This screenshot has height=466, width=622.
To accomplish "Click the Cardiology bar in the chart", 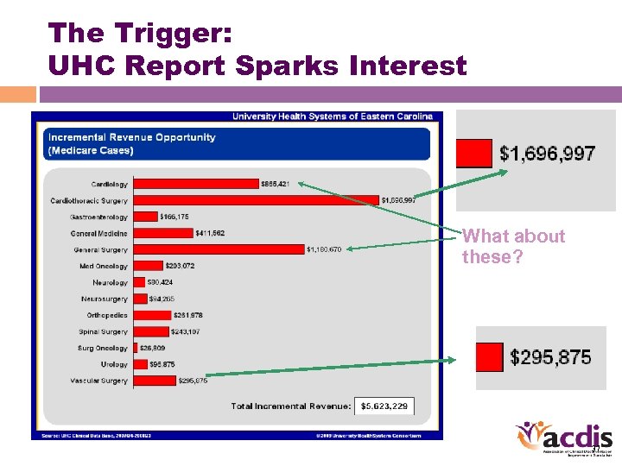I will [x=196, y=184].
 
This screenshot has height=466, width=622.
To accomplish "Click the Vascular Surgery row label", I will [x=98, y=381].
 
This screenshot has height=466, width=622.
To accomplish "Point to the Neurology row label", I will [x=110, y=282].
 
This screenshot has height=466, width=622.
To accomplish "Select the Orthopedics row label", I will [x=106, y=315].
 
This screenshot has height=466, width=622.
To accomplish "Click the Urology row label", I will [x=113, y=364].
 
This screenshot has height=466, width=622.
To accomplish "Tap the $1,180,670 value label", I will [x=324, y=250].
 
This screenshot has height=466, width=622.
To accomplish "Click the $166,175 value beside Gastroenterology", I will [x=174, y=217].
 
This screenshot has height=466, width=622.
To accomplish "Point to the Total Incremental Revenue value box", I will [x=384, y=406].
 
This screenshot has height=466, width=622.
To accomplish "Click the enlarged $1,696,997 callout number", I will [x=547, y=154].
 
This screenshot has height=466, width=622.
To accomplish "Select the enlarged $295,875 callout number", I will [x=550, y=357].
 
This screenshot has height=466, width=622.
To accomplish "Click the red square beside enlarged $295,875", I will [x=489, y=356].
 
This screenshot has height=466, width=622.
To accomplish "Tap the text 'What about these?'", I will [x=513, y=247].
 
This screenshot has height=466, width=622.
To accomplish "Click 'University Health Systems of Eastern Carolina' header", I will [x=331, y=116].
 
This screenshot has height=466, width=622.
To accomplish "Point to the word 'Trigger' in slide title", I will [x=167, y=33].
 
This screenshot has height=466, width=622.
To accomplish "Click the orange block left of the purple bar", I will [x=18, y=94].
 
